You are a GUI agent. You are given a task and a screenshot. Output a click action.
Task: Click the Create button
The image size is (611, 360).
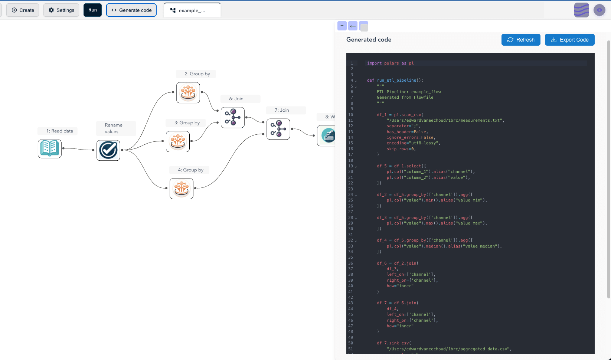23,10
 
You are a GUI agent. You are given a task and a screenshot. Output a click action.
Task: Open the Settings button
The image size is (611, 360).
61,10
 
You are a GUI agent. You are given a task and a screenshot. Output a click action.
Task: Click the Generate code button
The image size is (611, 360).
131,10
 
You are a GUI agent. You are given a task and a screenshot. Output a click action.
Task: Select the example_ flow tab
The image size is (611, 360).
192,10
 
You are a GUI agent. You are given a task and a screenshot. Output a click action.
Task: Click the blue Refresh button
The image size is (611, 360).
520,40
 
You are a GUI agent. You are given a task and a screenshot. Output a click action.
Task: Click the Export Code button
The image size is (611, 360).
569,40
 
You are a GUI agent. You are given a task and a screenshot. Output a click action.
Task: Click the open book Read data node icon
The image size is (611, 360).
50,148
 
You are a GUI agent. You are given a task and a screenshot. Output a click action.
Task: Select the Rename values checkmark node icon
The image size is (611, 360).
108,150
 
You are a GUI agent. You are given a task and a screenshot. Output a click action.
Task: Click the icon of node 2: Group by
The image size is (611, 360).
188,92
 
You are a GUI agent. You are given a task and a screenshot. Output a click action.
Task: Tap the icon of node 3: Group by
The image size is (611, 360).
178,141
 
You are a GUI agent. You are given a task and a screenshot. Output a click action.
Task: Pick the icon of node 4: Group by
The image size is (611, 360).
182,189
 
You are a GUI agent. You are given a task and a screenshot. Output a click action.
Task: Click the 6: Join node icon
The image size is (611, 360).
233,117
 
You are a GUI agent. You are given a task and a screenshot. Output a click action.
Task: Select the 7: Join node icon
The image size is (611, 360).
278,129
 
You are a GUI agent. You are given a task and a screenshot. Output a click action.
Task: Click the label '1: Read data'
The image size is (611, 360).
59,131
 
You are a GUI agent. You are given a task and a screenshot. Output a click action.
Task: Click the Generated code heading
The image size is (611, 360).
369,40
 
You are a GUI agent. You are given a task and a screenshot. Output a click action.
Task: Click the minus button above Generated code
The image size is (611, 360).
342,26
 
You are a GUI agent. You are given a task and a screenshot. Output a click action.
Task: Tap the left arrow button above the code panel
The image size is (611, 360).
353,26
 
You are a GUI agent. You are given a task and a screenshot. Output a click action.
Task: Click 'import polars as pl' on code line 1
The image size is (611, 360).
390,63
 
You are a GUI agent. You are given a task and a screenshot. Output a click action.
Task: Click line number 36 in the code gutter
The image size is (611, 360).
350,263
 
